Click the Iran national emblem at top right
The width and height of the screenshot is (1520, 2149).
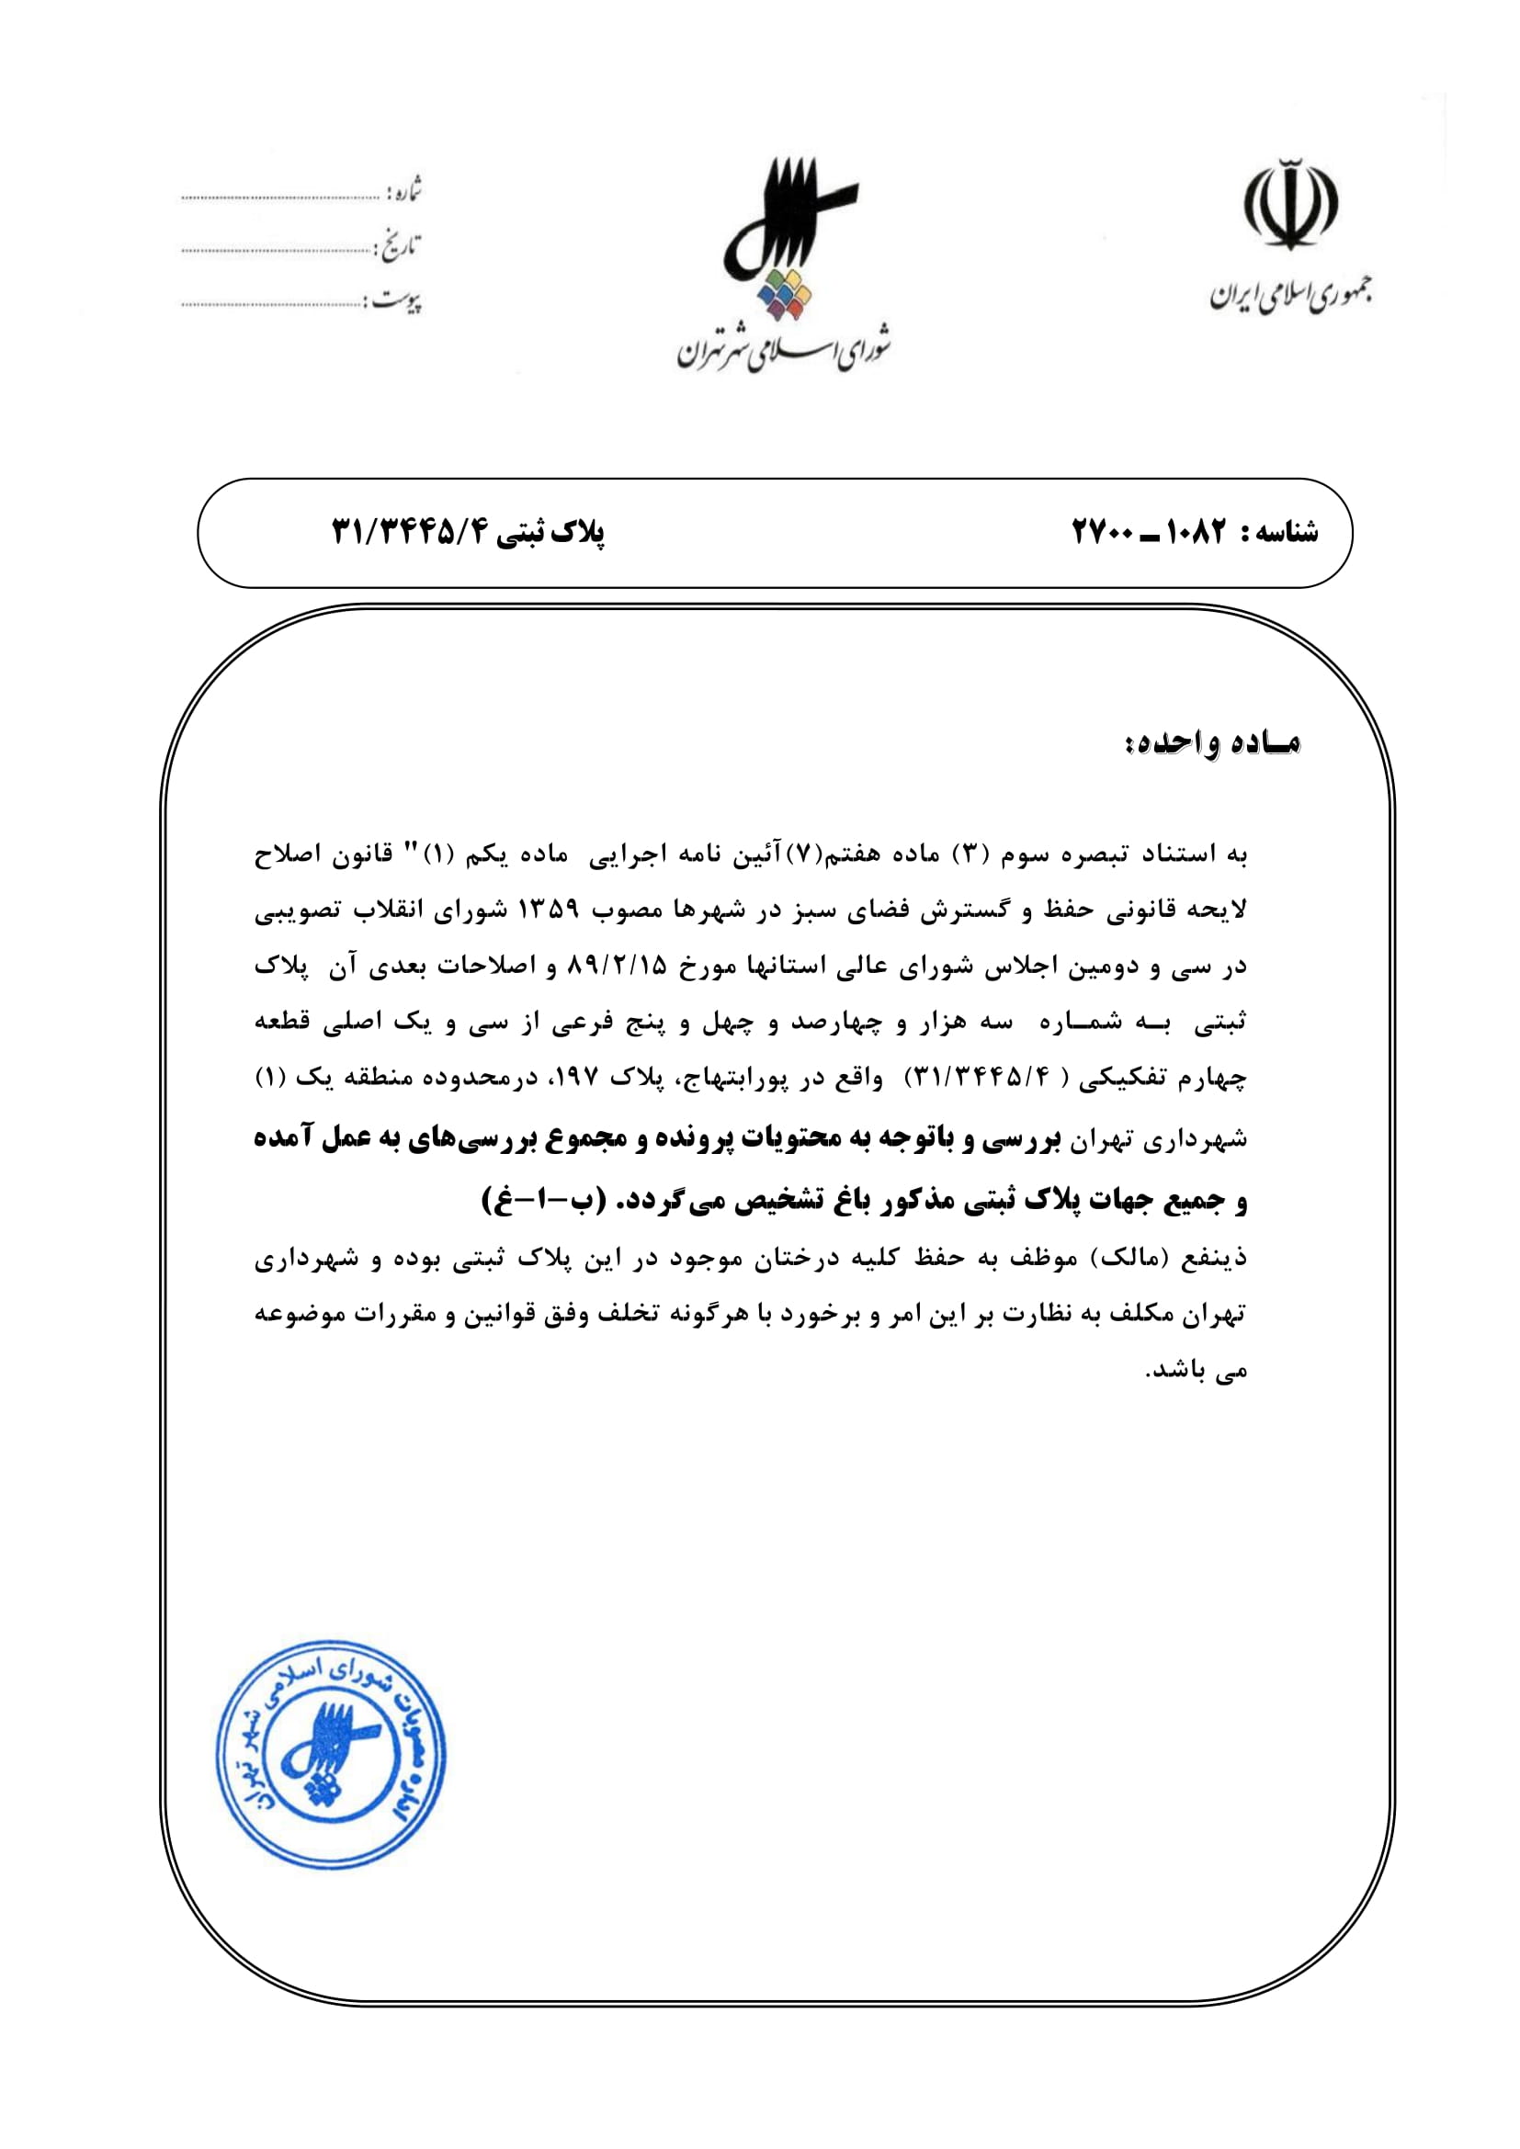[1289, 205]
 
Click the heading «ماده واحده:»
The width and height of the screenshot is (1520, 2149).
[1212, 744]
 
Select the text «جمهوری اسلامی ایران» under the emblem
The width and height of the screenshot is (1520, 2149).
[1290, 295]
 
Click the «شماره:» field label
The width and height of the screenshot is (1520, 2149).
[404, 192]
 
